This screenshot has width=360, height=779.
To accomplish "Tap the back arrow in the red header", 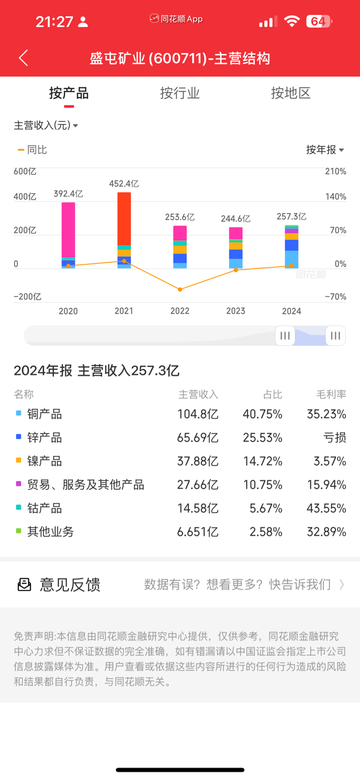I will point(23,58).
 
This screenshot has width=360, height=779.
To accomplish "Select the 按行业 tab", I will point(180,93).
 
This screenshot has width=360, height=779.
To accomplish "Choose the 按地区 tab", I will point(291,93).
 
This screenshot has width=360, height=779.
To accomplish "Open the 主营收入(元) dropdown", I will point(46,125).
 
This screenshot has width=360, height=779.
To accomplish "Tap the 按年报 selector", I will point(325,150).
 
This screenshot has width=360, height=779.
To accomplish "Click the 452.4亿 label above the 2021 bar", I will point(124,184).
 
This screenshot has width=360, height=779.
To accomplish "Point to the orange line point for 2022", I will point(180,289).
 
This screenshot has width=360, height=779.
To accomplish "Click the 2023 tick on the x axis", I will point(236,311).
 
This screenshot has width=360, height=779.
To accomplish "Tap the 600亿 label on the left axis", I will point(25,172).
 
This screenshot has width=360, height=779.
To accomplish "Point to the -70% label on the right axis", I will point(335,297).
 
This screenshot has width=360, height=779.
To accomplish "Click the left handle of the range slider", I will point(285,336).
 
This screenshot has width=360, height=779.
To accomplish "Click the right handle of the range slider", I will point(335,336).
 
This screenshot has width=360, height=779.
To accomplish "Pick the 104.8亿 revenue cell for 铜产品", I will point(198,414).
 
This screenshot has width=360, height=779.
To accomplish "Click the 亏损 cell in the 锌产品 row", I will point(335,438).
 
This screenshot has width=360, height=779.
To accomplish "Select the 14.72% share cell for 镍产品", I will point(262,461).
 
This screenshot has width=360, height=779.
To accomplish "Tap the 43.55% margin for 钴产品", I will point(326,508).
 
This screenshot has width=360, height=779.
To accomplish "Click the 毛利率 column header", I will point(331,395).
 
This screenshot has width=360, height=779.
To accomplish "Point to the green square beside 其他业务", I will point(19,531).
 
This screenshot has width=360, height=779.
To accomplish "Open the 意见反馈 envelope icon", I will point(24,584).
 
